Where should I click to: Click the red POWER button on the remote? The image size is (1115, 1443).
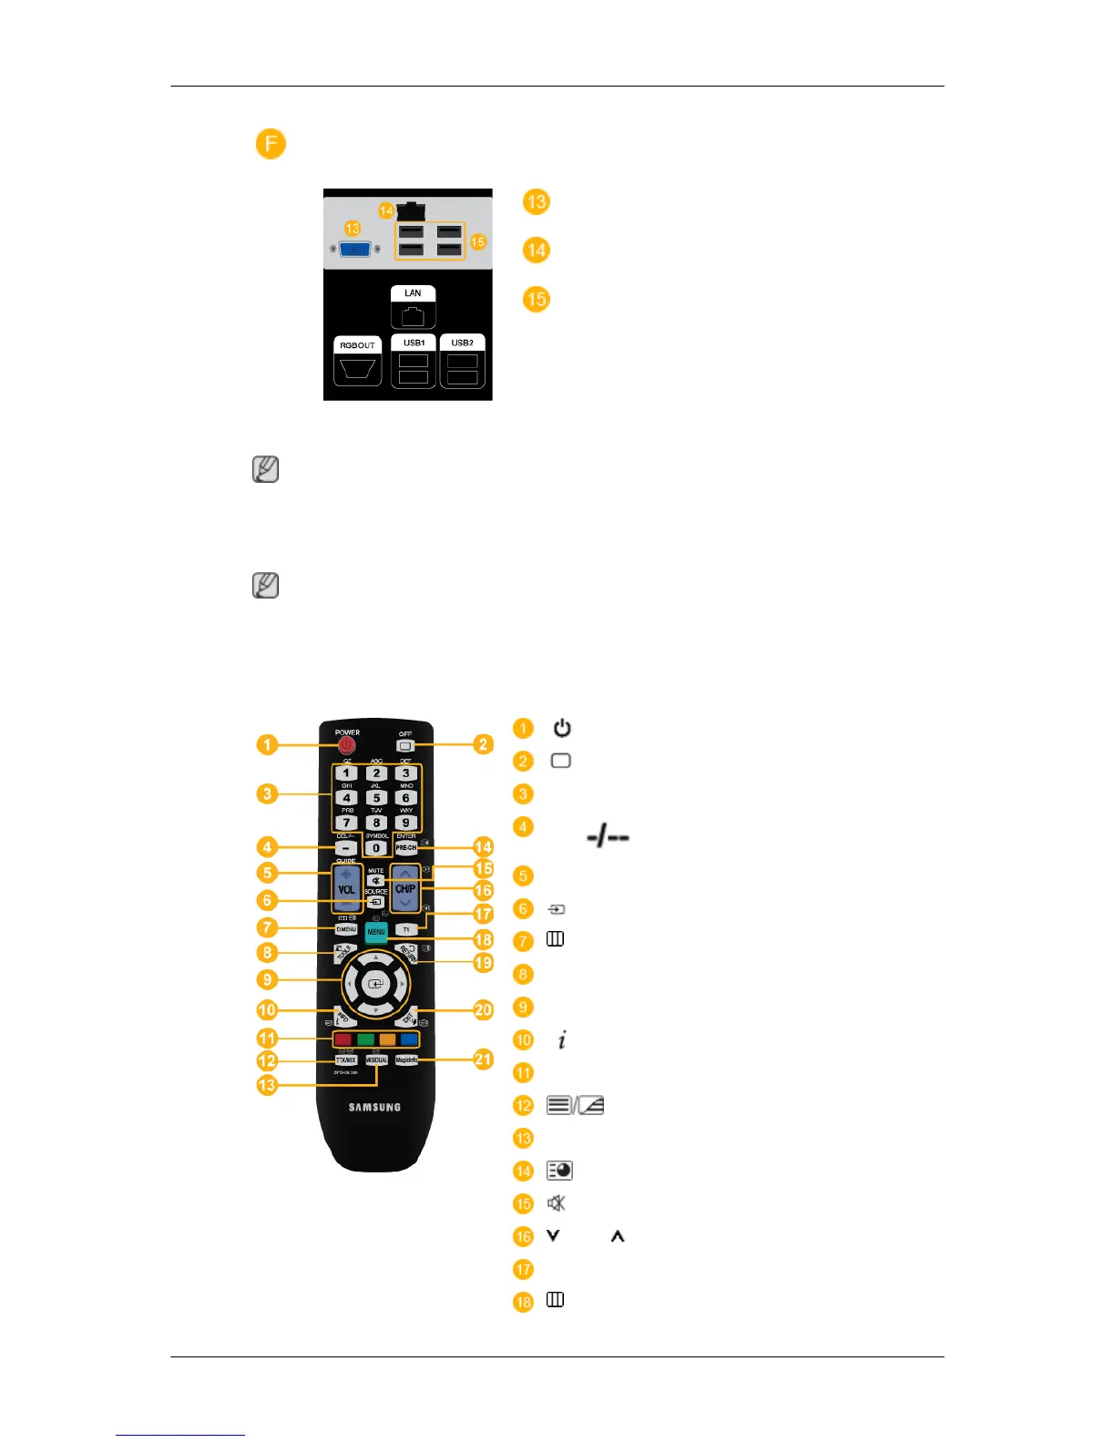pos(346,745)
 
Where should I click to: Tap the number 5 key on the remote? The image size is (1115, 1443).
pos(376,798)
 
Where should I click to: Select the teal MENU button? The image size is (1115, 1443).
pos(376,932)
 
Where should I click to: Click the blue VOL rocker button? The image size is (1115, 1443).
pos(346,888)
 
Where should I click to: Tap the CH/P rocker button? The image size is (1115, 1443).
pos(405,888)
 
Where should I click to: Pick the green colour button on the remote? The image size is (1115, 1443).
pos(365,1039)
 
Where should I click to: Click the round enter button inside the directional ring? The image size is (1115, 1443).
pos(375,985)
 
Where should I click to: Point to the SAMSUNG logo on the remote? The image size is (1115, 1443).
pos(374,1107)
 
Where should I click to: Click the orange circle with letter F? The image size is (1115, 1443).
pos(271,144)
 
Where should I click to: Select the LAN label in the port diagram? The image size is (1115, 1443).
pos(413,293)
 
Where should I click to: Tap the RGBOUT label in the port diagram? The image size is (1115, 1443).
pos(357,345)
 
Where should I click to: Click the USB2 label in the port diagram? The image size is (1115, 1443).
pos(462,343)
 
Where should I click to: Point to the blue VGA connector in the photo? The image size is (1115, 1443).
pos(355,249)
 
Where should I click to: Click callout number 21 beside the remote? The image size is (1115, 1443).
pos(483,1059)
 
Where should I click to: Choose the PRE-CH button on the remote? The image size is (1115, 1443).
pos(405,847)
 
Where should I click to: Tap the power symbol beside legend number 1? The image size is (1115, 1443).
pos(562,728)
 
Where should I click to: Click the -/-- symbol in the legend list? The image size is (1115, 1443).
pos(608,836)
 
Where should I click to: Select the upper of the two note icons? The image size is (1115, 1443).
pos(265,469)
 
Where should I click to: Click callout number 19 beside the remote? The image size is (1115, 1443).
pos(483,962)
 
